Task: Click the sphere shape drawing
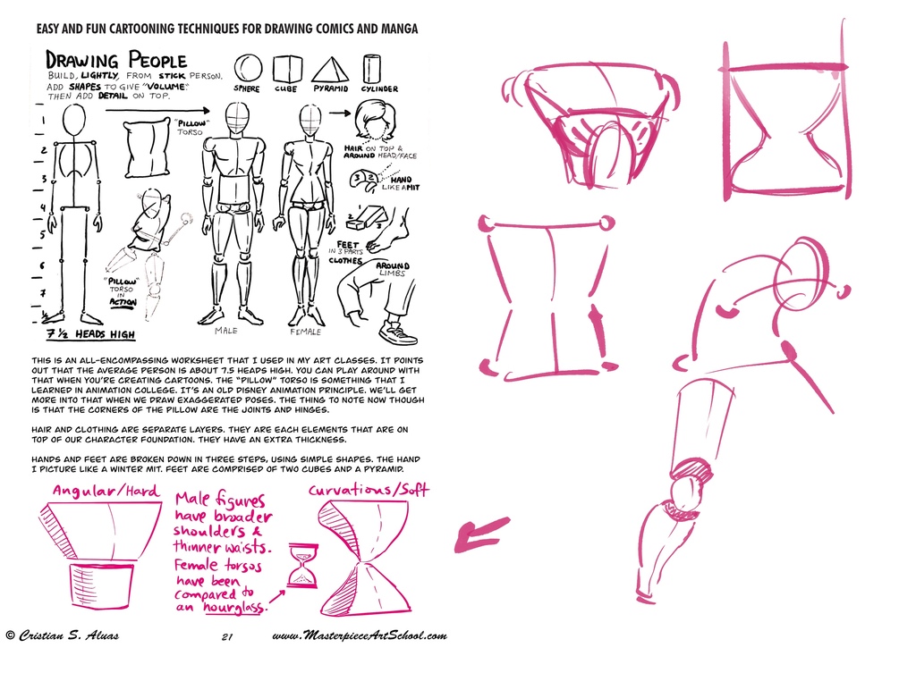(248, 69)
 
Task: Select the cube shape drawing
(286, 69)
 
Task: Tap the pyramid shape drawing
(330, 70)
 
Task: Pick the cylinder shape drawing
(372, 69)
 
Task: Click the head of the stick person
(74, 122)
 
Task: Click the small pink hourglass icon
(301, 566)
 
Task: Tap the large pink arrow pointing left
(480, 534)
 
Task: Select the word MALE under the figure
(226, 331)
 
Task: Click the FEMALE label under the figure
(305, 331)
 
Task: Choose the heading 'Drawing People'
(116, 60)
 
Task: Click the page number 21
(226, 636)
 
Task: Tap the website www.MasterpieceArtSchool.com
(359, 635)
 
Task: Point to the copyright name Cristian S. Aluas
(63, 635)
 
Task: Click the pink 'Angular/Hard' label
(106, 491)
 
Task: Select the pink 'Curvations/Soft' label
(368, 490)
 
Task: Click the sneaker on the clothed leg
(397, 332)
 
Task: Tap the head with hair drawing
(374, 121)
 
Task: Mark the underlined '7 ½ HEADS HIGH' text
(91, 334)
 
